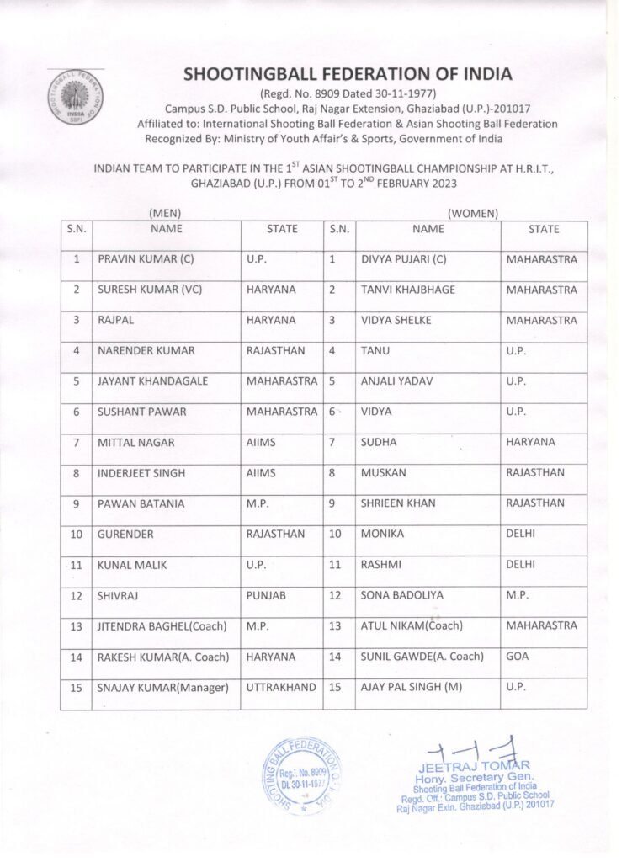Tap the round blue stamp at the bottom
[x=303, y=775]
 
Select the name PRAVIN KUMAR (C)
[x=146, y=259]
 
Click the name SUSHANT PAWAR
[x=142, y=412]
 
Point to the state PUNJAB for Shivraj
[x=266, y=595]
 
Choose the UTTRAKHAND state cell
[x=281, y=687]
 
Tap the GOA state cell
[x=518, y=657]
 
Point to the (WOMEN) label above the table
[x=473, y=214]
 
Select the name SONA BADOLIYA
[x=401, y=595]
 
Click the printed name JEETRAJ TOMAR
[x=474, y=766]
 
